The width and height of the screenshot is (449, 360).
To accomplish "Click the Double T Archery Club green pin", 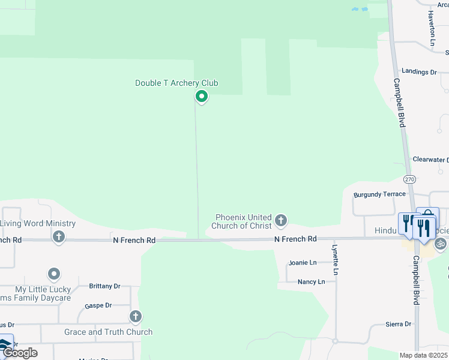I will point(202,96).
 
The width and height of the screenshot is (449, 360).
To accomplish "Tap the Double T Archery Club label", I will point(176,83).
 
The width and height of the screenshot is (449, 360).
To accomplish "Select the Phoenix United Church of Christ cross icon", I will point(280,221).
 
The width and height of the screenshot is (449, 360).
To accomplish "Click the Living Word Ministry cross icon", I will point(58,236).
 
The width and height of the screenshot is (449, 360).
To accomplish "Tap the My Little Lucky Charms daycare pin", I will point(54,275).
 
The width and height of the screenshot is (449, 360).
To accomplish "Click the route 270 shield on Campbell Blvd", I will point(409,179).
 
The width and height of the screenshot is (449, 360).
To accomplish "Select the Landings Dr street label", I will point(419,72).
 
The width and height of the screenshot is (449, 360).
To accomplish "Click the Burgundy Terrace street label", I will point(379,194).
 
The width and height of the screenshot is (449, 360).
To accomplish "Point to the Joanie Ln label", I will point(302,263).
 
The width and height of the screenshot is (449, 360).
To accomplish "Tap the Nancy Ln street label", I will point(311,281).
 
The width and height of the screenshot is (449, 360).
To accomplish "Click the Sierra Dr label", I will point(399,324).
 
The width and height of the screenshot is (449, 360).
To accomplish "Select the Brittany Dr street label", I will point(104,286).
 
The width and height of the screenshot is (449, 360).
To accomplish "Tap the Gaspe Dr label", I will point(98,305).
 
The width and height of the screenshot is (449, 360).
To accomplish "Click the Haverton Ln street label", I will point(432,29).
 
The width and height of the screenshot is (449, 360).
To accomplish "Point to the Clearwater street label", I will point(430,160).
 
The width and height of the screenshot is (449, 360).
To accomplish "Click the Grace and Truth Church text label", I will point(108,332).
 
